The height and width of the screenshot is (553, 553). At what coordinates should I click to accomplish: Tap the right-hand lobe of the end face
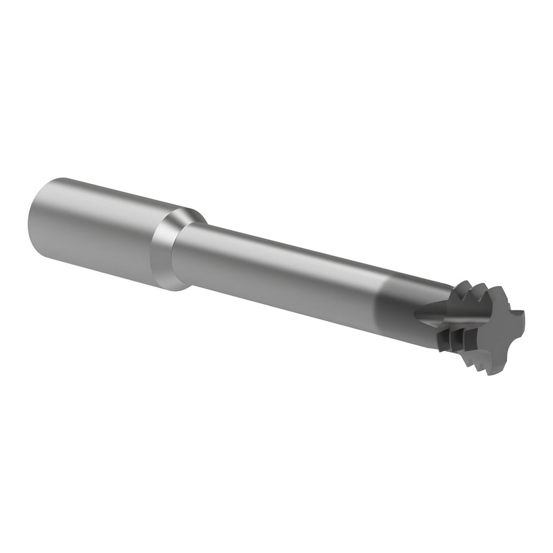[x=518, y=324]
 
